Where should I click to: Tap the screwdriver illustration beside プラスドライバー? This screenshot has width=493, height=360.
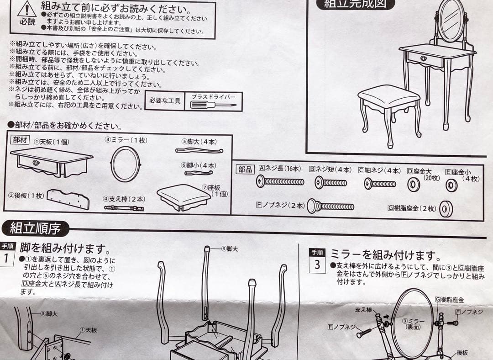213,105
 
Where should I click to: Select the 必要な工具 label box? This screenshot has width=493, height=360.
165,101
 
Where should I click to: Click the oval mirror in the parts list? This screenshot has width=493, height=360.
126,164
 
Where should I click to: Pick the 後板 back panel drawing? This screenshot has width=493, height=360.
68,199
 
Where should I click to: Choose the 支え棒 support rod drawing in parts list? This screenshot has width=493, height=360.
124,208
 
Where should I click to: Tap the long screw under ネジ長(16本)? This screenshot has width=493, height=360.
280,181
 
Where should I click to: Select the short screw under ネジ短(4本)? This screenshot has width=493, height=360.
330,183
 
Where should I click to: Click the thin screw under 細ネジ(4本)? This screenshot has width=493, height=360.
380,184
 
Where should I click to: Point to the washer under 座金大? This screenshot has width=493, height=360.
414,185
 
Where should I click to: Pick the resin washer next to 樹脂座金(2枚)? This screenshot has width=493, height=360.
446,209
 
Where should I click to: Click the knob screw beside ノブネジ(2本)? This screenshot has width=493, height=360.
330,206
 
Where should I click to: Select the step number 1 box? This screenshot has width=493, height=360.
7,258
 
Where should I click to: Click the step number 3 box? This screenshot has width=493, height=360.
317,265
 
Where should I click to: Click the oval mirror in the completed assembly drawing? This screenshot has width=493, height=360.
451,21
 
